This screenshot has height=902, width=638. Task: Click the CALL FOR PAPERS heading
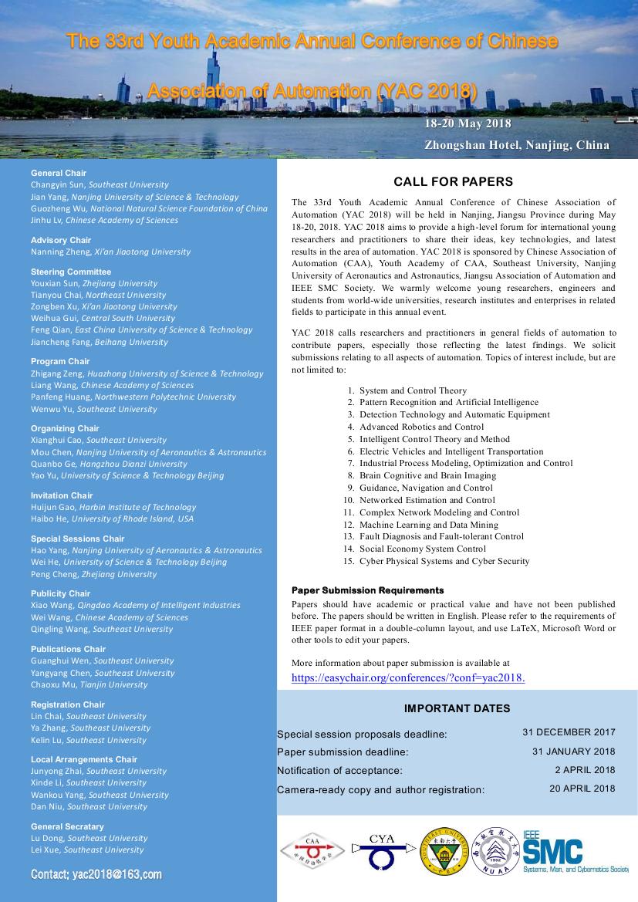(x=453, y=182)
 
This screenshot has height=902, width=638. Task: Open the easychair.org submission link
(x=408, y=677)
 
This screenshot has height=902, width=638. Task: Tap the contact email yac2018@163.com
(x=96, y=874)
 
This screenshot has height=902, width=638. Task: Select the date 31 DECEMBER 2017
(x=569, y=732)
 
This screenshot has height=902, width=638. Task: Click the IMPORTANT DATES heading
(x=457, y=708)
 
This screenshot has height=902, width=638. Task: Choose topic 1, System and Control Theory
(x=413, y=390)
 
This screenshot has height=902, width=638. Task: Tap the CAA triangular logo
(x=312, y=851)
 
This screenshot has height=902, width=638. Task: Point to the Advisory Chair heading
(x=61, y=240)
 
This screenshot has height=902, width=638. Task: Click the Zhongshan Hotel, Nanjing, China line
(x=516, y=145)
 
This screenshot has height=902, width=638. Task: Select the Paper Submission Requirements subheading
(x=367, y=590)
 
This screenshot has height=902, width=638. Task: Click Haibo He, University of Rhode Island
(x=112, y=519)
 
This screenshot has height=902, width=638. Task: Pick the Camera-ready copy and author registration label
(x=380, y=789)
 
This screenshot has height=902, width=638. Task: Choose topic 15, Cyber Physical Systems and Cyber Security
(x=444, y=561)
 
